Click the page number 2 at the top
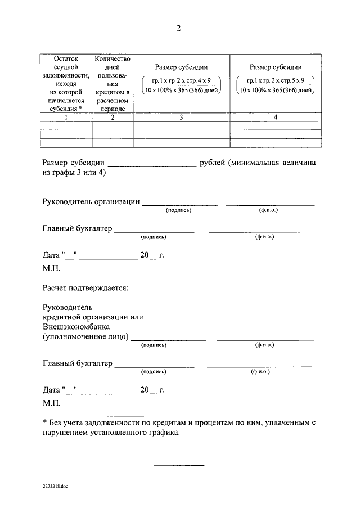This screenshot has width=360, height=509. point(179,29)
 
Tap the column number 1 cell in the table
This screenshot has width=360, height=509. point(66,118)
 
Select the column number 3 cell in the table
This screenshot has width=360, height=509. point(181,118)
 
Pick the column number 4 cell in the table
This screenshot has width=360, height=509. point(276,118)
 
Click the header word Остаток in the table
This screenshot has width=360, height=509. point(66,58)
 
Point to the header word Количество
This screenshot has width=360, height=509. point(112,58)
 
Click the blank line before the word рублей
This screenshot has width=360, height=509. point(151,165)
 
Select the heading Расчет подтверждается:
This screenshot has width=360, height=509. point(85,289)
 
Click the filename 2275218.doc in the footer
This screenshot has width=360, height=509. point(55,485)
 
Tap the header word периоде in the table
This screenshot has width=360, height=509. point(112,108)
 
